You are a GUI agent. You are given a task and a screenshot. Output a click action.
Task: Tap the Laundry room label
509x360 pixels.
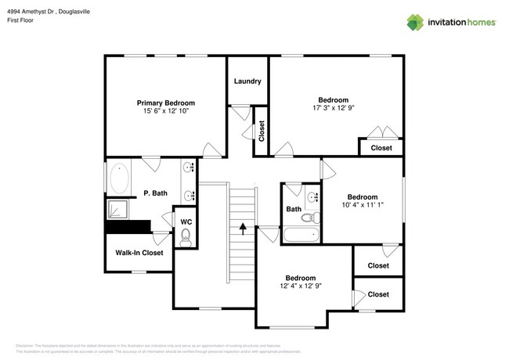247,81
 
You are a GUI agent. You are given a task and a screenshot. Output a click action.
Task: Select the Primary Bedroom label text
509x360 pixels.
165,103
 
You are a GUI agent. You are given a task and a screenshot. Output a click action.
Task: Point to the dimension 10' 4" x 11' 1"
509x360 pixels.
362,205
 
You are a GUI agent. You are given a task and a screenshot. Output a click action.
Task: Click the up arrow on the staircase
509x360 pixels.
243,229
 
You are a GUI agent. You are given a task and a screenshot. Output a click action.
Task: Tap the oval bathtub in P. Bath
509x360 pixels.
120,179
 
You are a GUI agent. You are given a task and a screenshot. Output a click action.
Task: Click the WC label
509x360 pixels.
186,221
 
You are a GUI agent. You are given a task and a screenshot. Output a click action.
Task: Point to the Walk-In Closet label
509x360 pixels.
139,253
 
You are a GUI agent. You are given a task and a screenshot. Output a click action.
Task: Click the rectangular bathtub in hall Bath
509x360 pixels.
300,234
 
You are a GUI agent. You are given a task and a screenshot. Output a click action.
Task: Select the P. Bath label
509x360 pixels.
155,193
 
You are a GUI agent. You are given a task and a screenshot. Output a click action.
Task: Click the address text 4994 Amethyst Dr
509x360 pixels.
34,10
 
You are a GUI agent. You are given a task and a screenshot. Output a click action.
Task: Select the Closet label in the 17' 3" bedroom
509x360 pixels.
381,147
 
